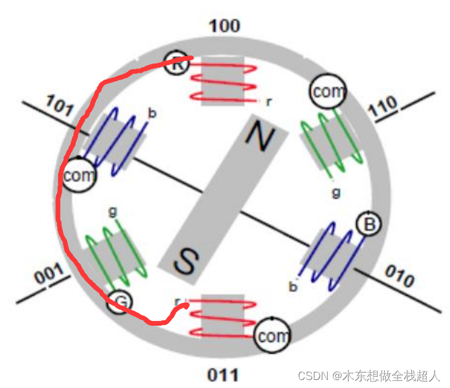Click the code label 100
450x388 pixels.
click(x=224, y=26)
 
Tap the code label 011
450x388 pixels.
click(x=223, y=374)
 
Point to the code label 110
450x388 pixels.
click(x=384, y=109)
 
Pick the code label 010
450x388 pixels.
click(x=400, y=278)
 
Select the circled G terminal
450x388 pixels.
click(x=121, y=302)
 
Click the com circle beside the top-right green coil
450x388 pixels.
click(x=327, y=93)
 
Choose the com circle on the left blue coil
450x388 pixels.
click(x=80, y=176)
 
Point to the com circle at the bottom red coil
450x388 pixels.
click(x=272, y=336)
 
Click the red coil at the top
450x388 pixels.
click(x=223, y=80)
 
